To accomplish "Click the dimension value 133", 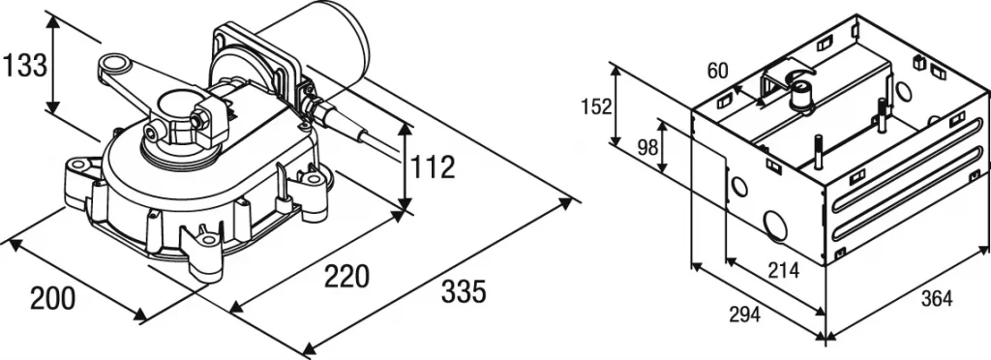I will pos(24,67).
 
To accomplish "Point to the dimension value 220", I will pos(345,277).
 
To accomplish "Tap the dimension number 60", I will pos(717,70).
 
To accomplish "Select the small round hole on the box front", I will pos(739,186).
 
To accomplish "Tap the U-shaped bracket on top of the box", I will pos(784,78).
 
